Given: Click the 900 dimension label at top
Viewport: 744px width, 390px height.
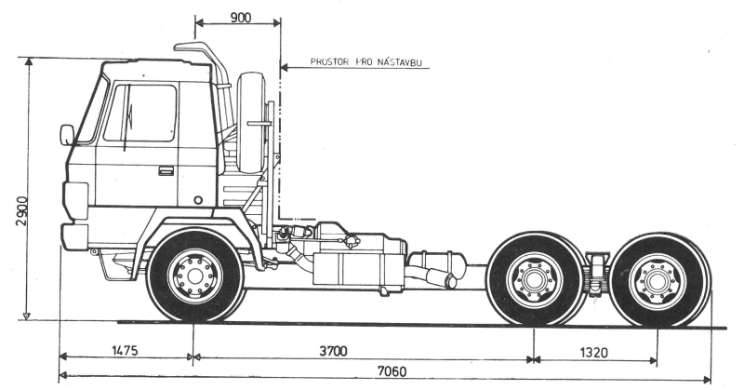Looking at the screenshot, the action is pos(241,18).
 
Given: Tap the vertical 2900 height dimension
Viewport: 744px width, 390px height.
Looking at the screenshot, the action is pos(21,210).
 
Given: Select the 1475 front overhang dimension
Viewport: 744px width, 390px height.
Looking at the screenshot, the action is pos(125,351).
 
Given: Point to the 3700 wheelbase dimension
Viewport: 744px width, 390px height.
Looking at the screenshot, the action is pos(333,351).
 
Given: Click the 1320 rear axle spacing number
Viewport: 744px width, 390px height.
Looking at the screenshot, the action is pos(593,353).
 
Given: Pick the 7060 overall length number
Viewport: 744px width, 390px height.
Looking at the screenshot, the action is pos(392,371).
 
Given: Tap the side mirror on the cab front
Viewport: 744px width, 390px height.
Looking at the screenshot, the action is pos(67,135).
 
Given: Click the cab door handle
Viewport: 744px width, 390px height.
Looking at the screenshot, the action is pos(166,170).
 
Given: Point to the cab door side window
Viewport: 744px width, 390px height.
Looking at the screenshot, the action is pos(140,113).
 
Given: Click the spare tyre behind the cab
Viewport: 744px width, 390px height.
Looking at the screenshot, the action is pos(251,123).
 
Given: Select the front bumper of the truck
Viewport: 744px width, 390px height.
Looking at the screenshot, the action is pos(74,236).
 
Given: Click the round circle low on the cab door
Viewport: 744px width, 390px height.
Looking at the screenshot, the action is pos(198,200).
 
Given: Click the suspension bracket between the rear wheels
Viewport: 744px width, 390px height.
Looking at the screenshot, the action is pos(595,274).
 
